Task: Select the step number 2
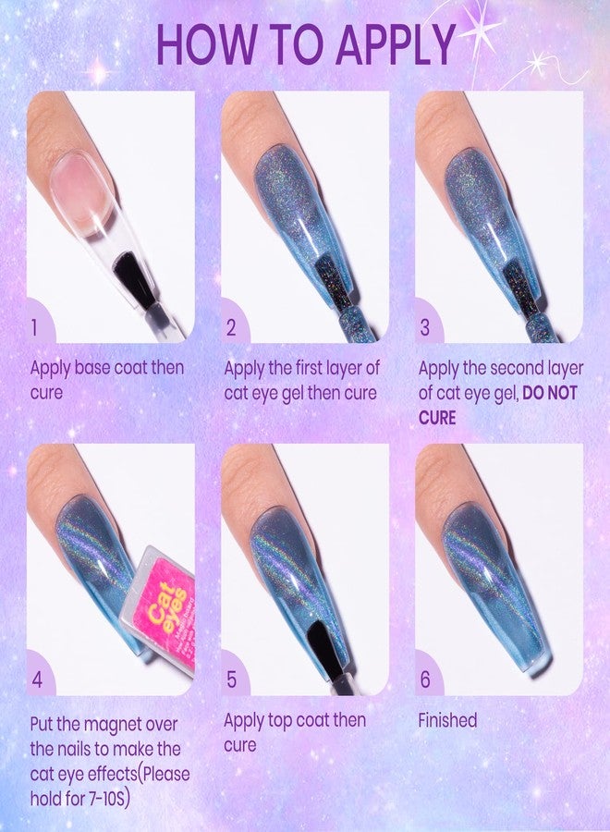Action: (x=231, y=326)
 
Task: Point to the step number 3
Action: (x=425, y=326)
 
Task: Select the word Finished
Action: (x=448, y=720)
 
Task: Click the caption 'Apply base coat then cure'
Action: (x=106, y=380)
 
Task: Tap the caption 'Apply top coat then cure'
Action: (x=295, y=731)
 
